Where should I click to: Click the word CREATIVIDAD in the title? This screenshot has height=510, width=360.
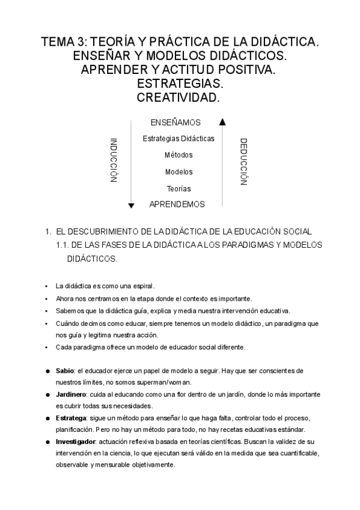click(x=179, y=97)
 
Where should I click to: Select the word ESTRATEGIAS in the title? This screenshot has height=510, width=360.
click(x=180, y=83)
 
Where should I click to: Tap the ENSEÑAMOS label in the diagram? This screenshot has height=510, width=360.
click(x=175, y=123)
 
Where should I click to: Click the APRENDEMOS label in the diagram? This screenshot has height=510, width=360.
click(x=177, y=204)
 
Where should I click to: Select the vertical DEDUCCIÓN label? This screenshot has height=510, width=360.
click(x=243, y=162)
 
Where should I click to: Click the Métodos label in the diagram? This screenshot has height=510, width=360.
click(x=178, y=155)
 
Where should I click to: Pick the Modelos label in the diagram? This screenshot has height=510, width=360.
click(x=178, y=172)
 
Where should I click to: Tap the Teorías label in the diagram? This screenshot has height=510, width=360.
click(x=178, y=188)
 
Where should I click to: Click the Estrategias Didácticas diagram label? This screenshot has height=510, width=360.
click(x=178, y=139)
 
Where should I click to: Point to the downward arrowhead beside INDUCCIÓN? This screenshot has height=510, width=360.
click(x=131, y=206)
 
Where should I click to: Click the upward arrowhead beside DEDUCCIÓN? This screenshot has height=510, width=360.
click(x=222, y=121)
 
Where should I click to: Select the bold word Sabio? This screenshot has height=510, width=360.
click(x=64, y=370)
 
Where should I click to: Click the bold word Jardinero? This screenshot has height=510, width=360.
click(x=70, y=395)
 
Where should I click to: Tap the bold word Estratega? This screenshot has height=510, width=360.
click(x=70, y=418)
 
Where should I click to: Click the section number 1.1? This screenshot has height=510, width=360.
click(x=63, y=245)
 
